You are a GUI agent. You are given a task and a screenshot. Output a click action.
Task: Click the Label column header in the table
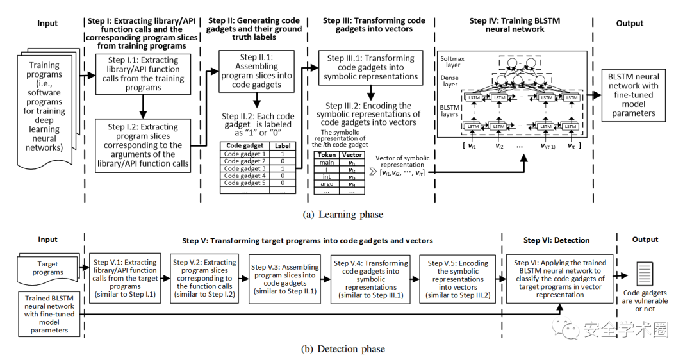click(282, 145)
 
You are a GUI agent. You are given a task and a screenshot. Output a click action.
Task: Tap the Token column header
click(327, 154)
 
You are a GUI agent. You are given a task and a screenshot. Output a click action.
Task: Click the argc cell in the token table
click(327, 184)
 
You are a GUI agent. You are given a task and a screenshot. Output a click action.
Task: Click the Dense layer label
click(450, 81)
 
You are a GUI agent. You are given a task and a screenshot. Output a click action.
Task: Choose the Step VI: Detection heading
click(557, 240)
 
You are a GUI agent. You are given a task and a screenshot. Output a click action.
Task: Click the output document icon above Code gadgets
click(645, 273)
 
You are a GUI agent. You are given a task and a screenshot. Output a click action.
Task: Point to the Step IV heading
click(515, 25)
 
